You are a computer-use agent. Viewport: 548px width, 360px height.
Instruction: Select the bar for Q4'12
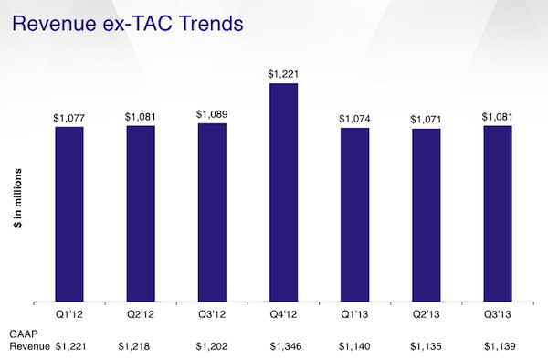click(x=283, y=192)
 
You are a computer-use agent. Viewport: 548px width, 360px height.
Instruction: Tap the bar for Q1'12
click(x=68, y=214)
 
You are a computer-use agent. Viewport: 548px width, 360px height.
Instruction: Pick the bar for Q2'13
click(x=426, y=215)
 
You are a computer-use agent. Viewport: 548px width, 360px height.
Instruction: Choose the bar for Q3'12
click(x=212, y=212)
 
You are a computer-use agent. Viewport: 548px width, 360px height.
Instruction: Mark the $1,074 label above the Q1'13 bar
click(x=354, y=119)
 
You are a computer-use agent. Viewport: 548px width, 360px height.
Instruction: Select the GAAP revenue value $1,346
click(x=288, y=346)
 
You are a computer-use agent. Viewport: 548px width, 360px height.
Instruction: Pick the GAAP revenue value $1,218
click(x=137, y=346)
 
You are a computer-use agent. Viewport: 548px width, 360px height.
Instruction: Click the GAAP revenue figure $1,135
click(x=426, y=346)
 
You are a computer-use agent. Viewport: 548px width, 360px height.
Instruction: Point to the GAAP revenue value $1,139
click(x=500, y=346)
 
